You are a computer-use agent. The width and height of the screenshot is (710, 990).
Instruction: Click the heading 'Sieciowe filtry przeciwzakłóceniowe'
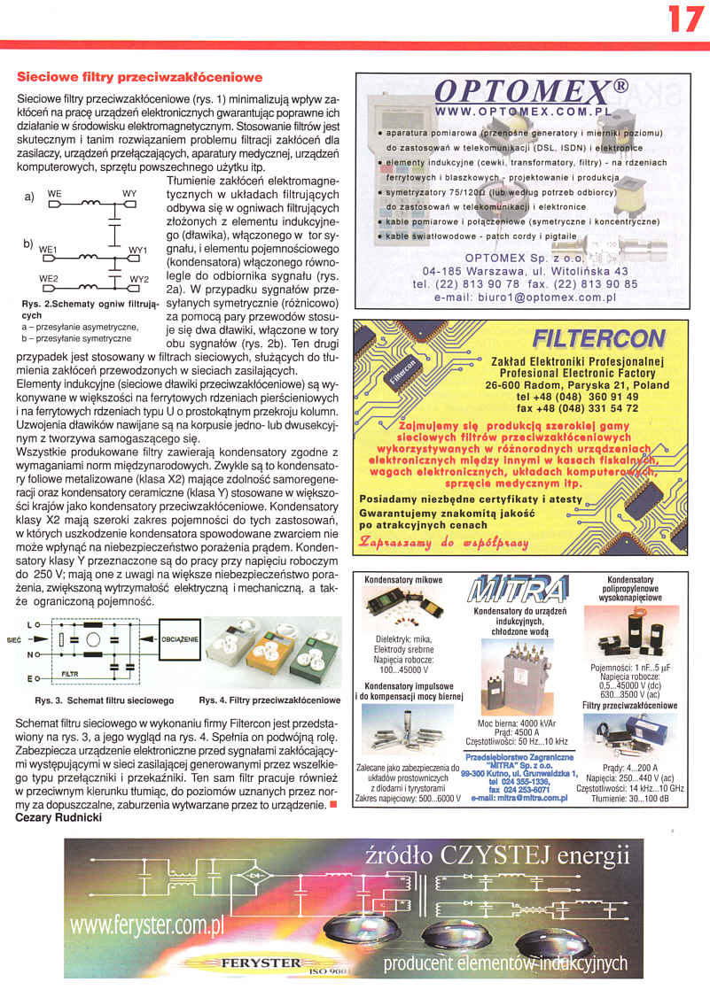pos(140,78)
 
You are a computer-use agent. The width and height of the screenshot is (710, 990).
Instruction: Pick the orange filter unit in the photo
pos(266,655)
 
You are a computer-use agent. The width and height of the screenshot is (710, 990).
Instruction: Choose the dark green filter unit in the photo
pos(314,656)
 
